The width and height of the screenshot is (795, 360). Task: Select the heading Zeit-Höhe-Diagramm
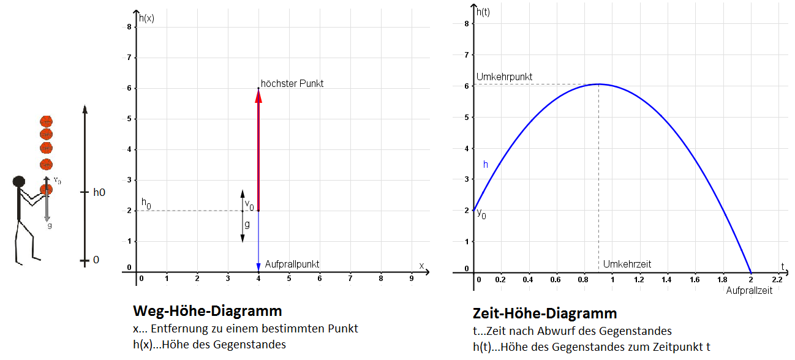click(544, 313)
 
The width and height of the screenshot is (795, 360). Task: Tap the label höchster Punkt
click(292, 83)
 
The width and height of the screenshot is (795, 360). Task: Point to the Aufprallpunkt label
click(292, 264)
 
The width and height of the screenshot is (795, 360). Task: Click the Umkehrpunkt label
click(504, 77)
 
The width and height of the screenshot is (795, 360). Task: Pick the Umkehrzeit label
click(627, 264)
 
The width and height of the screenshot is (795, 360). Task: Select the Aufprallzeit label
click(749, 290)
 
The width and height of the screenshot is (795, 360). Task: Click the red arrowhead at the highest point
click(258, 95)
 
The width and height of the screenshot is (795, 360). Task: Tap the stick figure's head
click(19, 181)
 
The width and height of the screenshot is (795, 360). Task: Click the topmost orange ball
click(45, 121)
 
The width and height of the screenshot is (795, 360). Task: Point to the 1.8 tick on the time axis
click(722, 280)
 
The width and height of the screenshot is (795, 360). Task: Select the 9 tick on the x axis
click(411, 279)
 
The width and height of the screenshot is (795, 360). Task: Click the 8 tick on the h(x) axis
click(129, 27)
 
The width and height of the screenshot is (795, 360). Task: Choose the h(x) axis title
click(146, 18)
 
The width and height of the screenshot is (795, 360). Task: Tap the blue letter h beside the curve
click(486, 164)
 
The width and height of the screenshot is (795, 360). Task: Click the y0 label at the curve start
click(481, 215)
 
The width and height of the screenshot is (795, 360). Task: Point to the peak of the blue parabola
click(598, 84)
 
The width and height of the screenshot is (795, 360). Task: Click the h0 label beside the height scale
click(99, 192)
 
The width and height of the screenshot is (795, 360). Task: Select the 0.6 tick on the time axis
click(556, 280)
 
